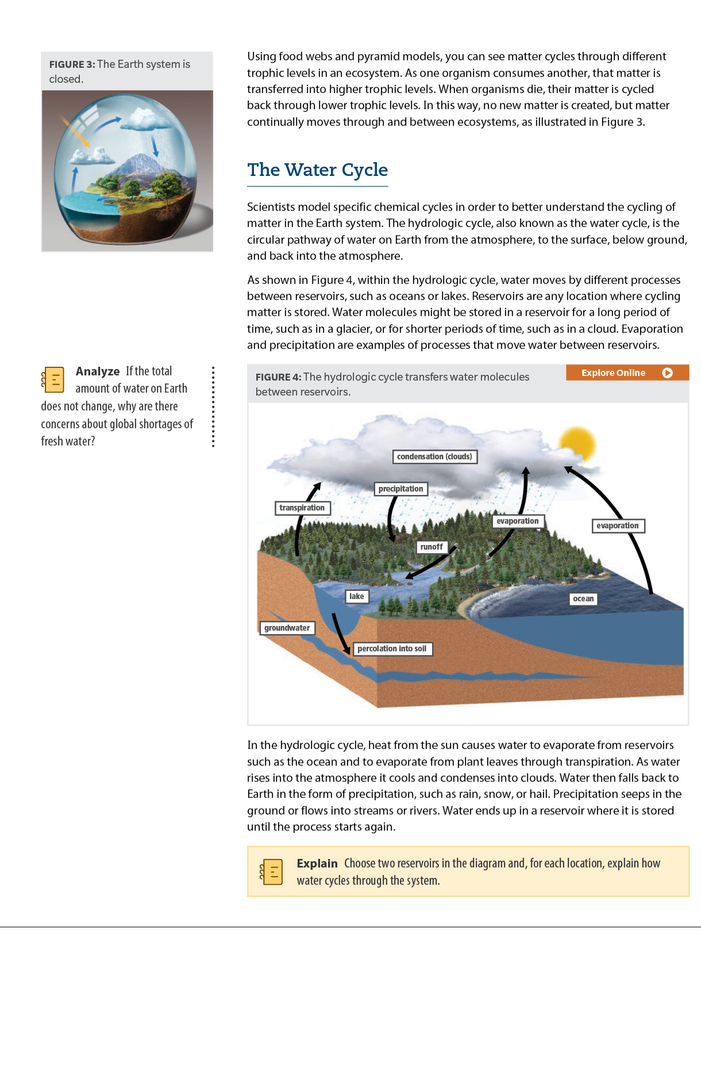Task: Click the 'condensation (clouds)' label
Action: coord(434,456)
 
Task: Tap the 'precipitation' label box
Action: coord(400,489)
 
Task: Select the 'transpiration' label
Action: coord(302,508)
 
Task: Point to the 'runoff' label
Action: coord(432,547)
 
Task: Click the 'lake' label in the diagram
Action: coord(356,596)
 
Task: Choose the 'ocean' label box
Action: coord(583,598)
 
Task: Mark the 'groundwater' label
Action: coord(287,628)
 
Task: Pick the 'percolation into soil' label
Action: coord(392,648)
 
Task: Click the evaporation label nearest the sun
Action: coord(618,525)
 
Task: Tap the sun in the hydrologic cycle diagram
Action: coord(577,444)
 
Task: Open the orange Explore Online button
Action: coord(627,373)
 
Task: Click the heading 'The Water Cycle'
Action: coord(317,170)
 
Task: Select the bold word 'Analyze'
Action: coord(98,371)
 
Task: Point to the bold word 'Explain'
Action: coord(317,863)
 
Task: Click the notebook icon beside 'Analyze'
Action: coord(53,379)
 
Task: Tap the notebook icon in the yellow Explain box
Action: coord(272,872)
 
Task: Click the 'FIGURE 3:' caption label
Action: coord(72,64)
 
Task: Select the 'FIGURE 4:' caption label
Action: coord(278,377)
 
